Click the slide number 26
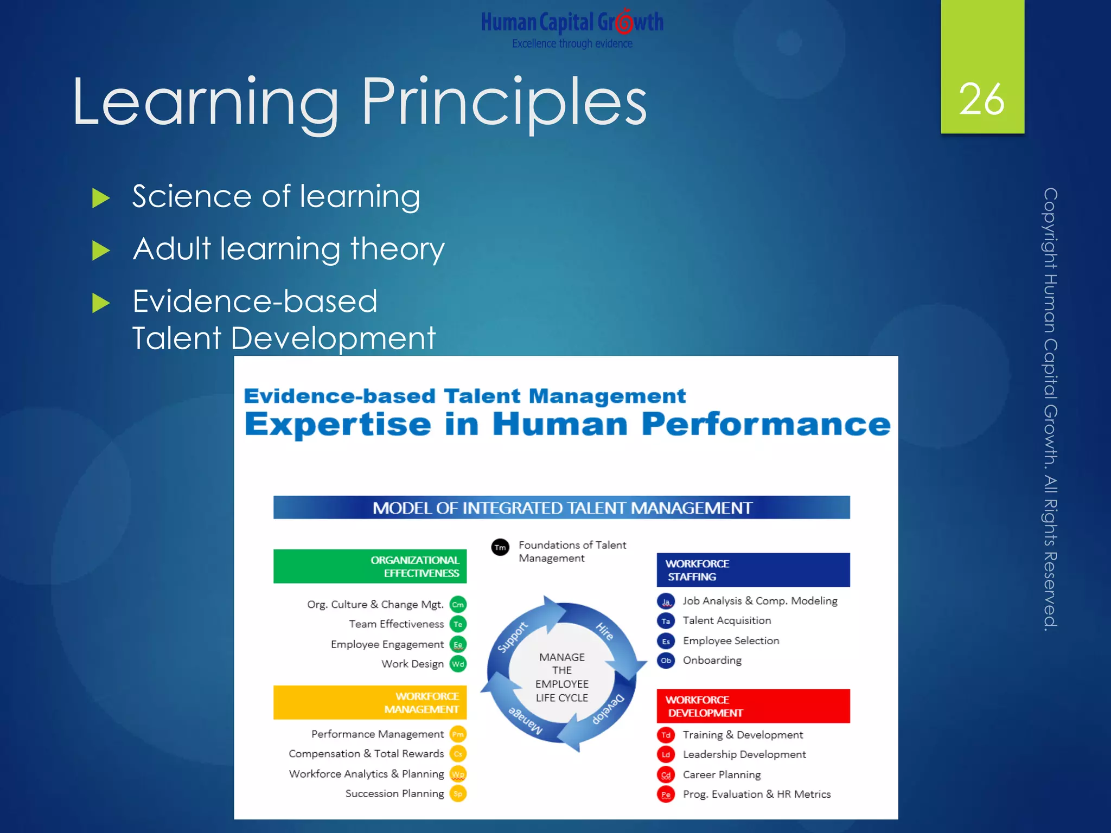tap(981, 99)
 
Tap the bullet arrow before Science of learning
tap(101, 198)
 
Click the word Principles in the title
tap(504, 102)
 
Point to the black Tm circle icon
tap(500, 547)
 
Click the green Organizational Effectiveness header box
tap(370, 567)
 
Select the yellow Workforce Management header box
tap(370, 702)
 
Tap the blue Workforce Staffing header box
tap(753, 570)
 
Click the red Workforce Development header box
tap(753, 706)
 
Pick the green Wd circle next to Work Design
tap(458, 664)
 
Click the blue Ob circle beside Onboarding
tap(666, 661)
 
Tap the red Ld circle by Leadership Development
tap(666, 754)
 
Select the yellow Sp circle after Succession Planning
tap(458, 793)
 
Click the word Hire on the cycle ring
tap(604, 632)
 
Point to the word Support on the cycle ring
tap(512, 637)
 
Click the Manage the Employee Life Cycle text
tap(562, 677)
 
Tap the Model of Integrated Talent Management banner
tap(561, 508)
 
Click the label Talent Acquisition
tap(726, 620)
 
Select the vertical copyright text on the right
tap(1050, 409)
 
